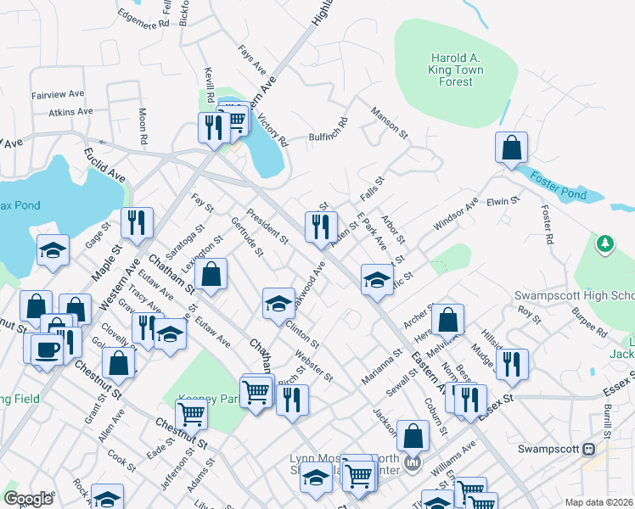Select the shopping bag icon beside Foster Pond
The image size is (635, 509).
point(512,148)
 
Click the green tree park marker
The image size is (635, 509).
point(604,244)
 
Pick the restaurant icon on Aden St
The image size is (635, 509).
point(321,227)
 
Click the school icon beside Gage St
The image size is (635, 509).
point(53,250)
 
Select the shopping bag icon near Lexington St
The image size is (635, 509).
point(211,274)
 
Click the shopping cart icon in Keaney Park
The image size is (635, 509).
point(193,414)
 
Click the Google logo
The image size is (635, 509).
point(28,498)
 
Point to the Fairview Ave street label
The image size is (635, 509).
point(57,94)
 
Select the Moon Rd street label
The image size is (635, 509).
point(143,125)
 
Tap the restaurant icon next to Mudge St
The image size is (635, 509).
point(514,364)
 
